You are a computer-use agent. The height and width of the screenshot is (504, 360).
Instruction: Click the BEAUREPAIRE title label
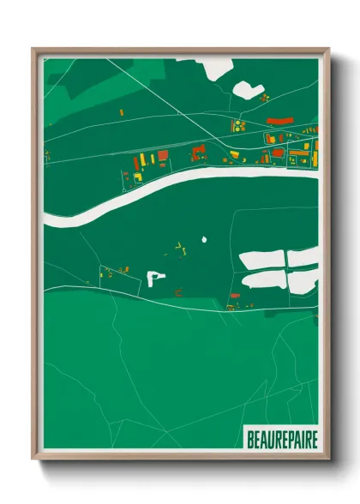pos(282,440)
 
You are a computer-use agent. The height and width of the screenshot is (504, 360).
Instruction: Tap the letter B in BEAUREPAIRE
pos(250,440)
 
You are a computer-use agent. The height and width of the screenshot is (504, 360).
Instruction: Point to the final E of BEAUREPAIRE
pos(314,440)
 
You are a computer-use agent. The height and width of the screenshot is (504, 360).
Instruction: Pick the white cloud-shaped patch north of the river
pos(248,88)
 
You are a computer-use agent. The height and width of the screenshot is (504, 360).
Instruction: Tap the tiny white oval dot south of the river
pos(204,239)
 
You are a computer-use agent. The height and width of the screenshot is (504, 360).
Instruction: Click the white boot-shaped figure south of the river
pos(155,278)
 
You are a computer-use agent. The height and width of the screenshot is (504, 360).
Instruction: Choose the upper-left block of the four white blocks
pos(261,260)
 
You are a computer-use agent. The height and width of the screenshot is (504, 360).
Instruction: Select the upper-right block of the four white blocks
pos(303,256)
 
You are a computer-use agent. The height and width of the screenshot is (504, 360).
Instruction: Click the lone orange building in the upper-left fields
pos(121,112)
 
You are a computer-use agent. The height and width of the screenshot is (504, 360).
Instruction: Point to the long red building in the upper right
pos(279,122)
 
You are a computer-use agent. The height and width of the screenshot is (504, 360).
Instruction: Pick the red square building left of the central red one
pos(163,156)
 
